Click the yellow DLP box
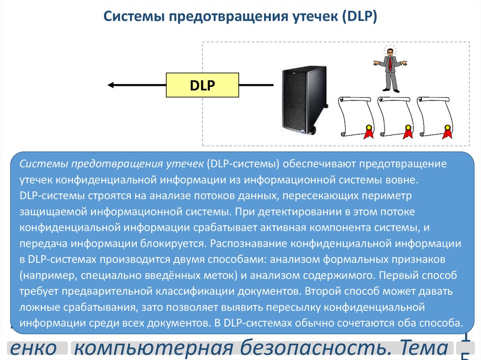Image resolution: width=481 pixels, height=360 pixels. pos(202,85)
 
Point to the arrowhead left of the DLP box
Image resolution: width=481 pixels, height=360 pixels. pos(111,85)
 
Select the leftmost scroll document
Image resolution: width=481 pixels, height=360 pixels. pos(356,117)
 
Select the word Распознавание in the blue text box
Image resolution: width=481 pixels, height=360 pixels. pos(248,244)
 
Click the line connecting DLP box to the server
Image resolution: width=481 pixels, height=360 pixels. pos(256,85)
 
